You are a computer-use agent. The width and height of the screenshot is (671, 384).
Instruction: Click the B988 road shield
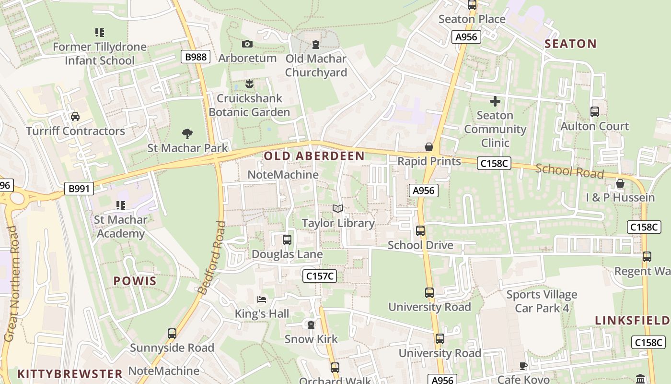196,57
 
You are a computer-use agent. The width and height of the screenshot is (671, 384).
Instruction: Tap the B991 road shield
79,189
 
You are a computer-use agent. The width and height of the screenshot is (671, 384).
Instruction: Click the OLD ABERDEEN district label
314,156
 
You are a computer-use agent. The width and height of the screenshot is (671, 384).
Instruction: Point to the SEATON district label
571,44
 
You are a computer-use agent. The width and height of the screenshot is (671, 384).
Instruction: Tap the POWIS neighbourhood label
135,281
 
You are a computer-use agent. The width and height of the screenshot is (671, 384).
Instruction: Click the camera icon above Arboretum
247,44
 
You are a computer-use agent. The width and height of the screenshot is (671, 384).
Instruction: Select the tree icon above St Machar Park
187,134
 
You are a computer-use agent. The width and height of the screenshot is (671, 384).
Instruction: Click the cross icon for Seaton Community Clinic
495,101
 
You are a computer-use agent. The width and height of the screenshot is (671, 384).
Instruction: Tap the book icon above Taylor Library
338,209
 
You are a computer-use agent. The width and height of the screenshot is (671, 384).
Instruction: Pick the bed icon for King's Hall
261,300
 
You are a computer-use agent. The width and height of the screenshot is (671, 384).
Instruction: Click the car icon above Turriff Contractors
75,117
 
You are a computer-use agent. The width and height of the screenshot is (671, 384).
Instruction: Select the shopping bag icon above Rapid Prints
429,147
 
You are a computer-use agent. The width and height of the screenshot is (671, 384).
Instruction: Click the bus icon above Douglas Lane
287,240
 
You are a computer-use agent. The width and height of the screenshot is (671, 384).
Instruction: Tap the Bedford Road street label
211,257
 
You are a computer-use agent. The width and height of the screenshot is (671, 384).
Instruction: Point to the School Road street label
569,171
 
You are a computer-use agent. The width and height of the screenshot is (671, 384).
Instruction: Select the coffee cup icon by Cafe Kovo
523,366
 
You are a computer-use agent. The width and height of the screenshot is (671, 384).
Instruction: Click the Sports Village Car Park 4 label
542,301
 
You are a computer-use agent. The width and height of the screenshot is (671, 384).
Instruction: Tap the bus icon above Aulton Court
595,112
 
